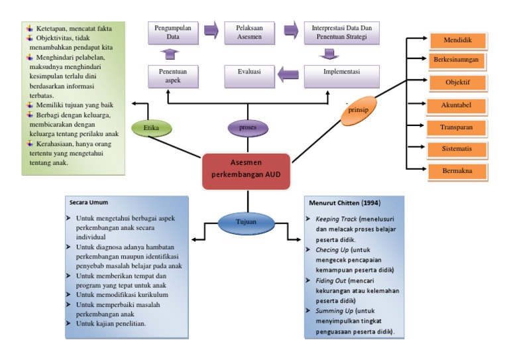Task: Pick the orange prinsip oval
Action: coord(358,111)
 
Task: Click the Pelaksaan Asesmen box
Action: coord(249,32)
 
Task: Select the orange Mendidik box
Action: coord(457,40)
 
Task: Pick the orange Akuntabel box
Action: coord(457,105)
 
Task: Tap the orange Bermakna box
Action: coord(457,171)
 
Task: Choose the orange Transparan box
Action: coord(457,127)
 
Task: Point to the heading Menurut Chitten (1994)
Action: coord(343,202)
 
